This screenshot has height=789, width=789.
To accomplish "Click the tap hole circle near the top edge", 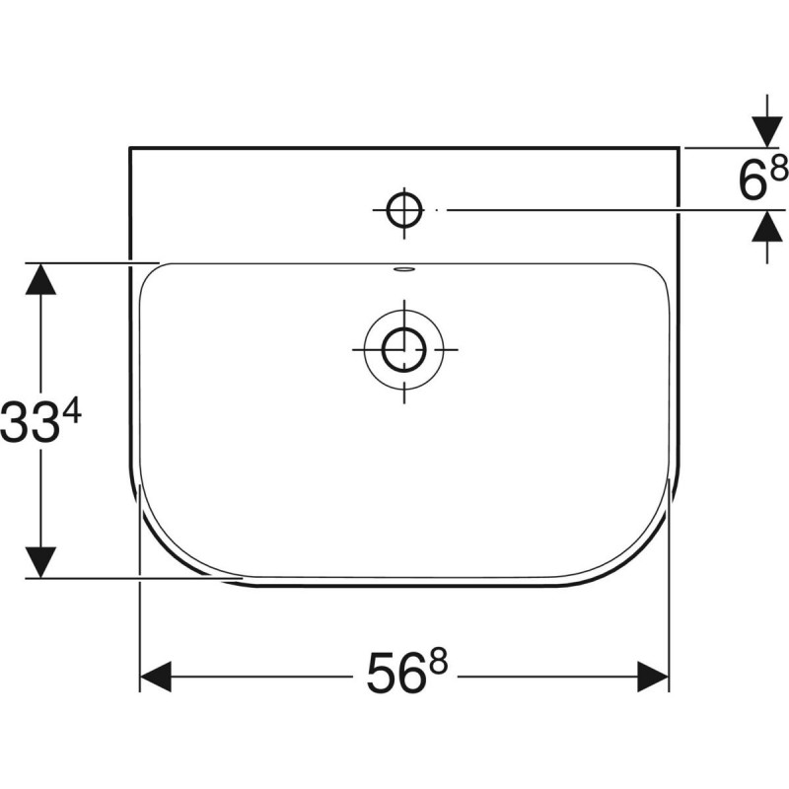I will coord(404,209).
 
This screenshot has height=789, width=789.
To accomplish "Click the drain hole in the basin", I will coord(404,348).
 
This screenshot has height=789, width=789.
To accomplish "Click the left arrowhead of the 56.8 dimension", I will coord(155,677).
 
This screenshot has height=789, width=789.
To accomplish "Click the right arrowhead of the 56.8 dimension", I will coord(654,677).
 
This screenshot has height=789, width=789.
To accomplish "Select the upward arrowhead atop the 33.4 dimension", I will coord(39,279).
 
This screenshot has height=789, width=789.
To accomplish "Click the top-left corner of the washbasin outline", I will coord(130,148).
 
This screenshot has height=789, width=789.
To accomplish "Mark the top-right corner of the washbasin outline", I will coord(679,148).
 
